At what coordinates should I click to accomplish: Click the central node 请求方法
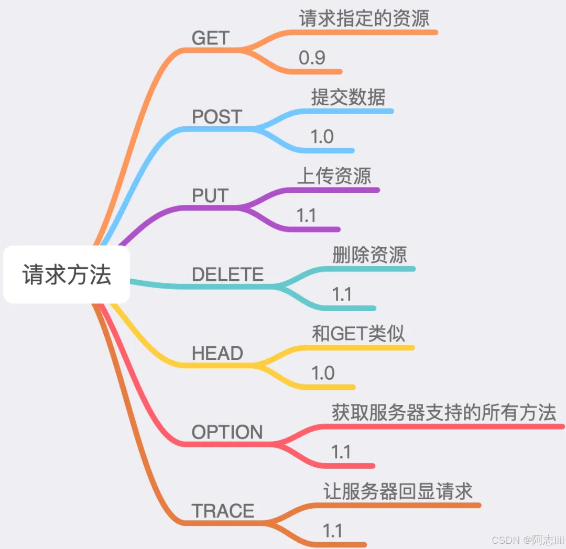tap(67, 274)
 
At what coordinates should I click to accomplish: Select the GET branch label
tap(211, 38)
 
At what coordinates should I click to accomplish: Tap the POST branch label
tap(217, 117)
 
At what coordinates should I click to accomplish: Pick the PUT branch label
tap(210, 196)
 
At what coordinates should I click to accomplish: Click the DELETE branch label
tap(228, 274)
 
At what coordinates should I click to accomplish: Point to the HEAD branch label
tap(217, 354)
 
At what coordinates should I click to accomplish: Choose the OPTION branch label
tap(227, 432)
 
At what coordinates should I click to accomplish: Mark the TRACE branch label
tap(223, 511)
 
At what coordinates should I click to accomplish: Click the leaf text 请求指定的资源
tap(364, 19)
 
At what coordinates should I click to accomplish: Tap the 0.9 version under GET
tap(312, 58)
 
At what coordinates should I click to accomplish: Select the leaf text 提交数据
tap(348, 97)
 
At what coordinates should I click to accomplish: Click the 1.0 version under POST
tap(322, 137)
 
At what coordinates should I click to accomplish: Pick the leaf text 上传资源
tap(334, 176)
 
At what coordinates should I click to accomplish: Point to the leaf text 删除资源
tap(369, 255)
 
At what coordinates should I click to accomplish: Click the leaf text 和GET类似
tap(358, 334)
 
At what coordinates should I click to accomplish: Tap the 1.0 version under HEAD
tap(323, 373)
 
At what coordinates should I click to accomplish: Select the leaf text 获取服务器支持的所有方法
tap(444, 413)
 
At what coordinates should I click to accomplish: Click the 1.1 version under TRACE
tap(333, 531)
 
